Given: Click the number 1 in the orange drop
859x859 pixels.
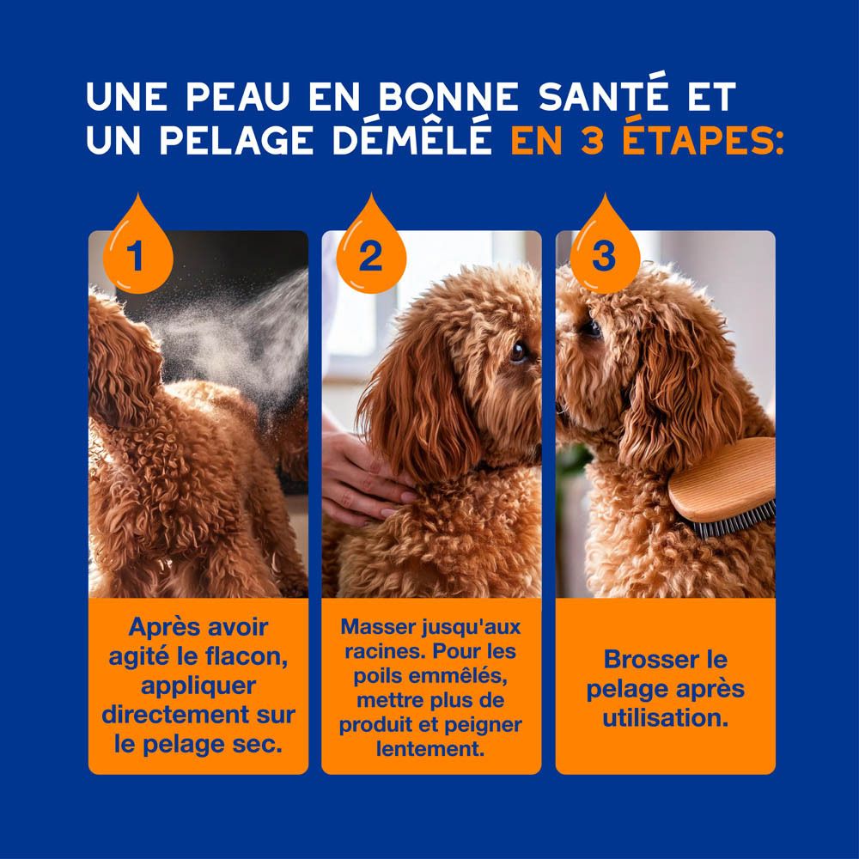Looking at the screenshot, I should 136,256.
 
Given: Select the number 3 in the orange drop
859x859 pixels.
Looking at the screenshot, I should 604,256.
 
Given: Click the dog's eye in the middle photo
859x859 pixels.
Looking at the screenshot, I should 516,351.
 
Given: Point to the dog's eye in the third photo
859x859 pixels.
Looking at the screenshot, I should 592,327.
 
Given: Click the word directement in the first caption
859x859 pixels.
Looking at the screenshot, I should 181,716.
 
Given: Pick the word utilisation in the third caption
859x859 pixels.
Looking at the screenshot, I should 665,717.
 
